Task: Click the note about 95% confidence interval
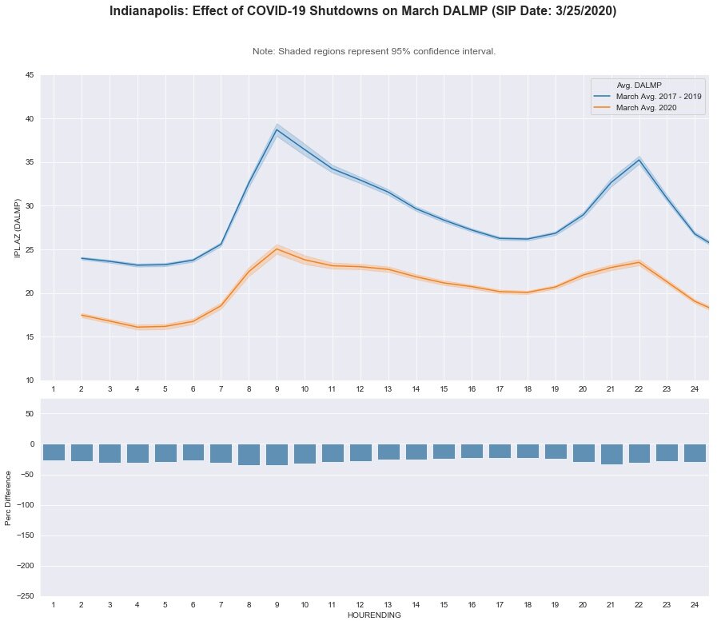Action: click(x=374, y=51)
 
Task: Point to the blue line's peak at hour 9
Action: click(x=277, y=130)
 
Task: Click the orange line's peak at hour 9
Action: click(x=277, y=249)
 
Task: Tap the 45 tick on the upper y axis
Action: click(x=29, y=75)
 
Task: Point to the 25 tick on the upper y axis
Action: click(x=29, y=249)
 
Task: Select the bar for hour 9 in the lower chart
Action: click(x=277, y=455)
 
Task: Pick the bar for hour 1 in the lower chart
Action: click(x=54, y=452)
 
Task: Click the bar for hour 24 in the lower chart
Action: click(x=695, y=453)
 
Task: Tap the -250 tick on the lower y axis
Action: click(x=24, y=596)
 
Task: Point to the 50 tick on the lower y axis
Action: click(x=29, y=413)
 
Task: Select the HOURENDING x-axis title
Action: click(x=374, y=616)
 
